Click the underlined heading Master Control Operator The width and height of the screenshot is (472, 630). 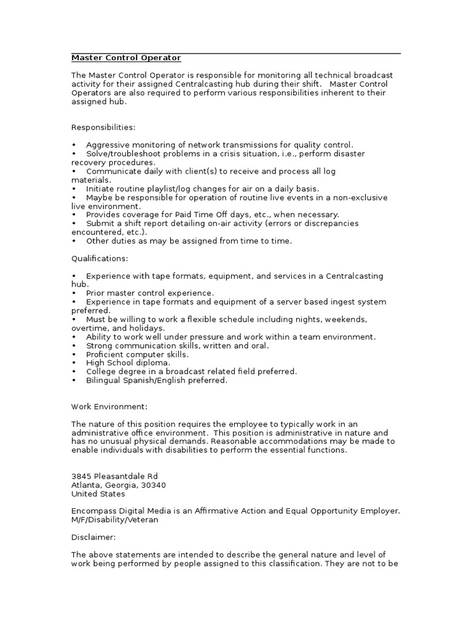(126, 58)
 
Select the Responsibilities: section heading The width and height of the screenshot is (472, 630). (103, 127)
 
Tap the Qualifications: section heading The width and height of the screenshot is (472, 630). (100, 258)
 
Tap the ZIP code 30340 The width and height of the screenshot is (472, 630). (153, 485)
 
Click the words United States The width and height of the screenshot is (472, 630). (98, 493)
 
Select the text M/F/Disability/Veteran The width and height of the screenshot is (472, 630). (114, 520)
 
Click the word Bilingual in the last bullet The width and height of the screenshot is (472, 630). (103, 380)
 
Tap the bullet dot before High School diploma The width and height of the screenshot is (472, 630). (74, 363)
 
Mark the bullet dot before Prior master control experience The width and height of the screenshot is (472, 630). (74, 293)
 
